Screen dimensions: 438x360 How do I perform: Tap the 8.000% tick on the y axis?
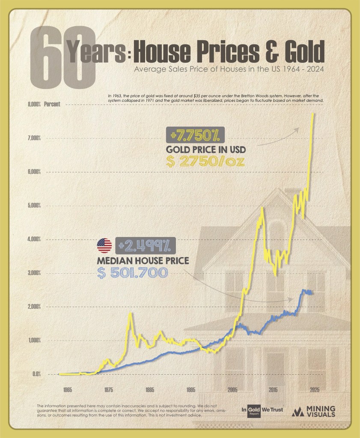click(34, 104)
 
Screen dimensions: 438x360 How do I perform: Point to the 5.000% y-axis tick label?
click(34, 206)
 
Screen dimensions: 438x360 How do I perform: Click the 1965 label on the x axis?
click(67, 390)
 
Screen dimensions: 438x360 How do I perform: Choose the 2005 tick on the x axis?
click(232, 390)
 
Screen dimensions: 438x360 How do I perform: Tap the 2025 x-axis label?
click(315, 390)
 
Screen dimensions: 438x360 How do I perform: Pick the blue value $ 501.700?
click(132, 272)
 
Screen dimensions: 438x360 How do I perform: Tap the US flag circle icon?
click(104, 246)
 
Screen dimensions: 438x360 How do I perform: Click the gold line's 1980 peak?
click(130, 314)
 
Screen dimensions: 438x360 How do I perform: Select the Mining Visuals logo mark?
click(298, 411)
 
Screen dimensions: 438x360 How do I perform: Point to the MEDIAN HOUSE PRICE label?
click(143, 260)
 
